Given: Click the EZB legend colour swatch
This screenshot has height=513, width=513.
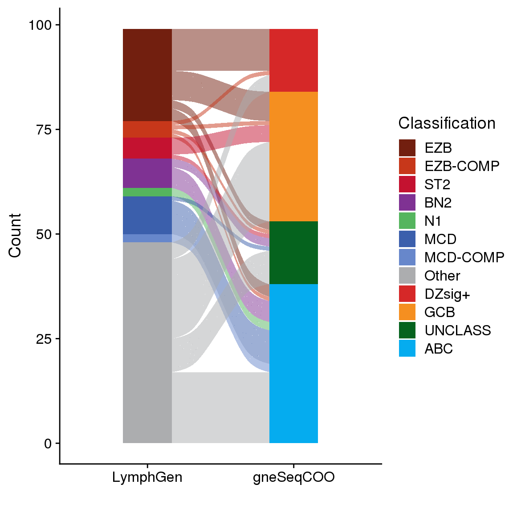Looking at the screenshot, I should (x=407, y=148).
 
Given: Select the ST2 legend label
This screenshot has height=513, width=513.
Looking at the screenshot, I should (x=437, y=184).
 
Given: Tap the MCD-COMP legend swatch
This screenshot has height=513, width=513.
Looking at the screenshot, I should (x=407, y=257).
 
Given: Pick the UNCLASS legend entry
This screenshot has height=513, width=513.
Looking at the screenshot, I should (x=457, y=330).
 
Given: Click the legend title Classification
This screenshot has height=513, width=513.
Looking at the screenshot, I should (x=447, y=123).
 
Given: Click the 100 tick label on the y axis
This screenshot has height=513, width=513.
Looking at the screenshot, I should (x=40, y=25).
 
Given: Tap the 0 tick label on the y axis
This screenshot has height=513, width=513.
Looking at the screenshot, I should (x=48, y=444).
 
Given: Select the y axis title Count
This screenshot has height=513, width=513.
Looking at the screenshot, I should (x=15, y=235).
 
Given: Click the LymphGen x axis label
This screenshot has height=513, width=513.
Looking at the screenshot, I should (x=147, y=477).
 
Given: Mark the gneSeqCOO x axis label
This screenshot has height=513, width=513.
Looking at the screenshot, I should (x=293, y=477).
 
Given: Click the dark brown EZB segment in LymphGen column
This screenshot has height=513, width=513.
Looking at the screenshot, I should (x=147, y=75).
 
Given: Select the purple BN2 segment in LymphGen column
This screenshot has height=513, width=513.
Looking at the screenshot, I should (x=147, y=173).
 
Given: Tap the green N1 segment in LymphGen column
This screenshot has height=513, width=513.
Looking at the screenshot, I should (x=147, y=192).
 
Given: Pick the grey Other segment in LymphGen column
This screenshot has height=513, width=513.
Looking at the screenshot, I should (x=147, y=343).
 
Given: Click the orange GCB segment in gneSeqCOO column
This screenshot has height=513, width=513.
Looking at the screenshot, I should (x=293, y=156).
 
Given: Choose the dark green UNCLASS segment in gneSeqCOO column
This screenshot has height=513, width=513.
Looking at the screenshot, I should (x=293, y=252).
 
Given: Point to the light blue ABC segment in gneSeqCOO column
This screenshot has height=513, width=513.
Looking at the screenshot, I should (x=293, y=363).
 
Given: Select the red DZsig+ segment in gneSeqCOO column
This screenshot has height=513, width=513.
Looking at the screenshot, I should (x=293, y=60).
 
